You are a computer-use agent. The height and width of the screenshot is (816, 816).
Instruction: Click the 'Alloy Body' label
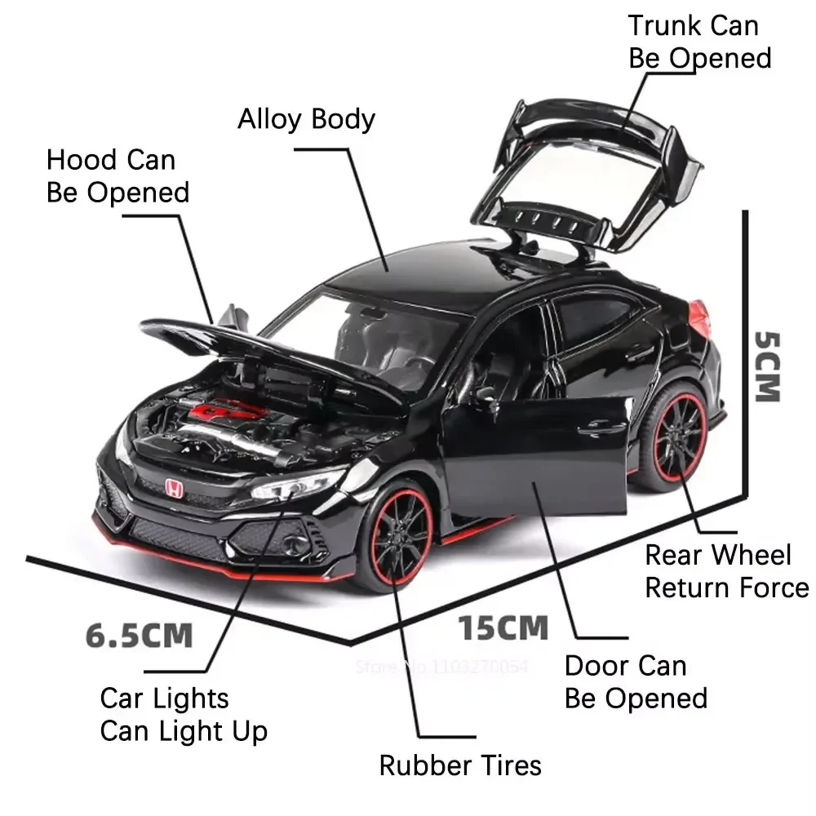tap(306, 119)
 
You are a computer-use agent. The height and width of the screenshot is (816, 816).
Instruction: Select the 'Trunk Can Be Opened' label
tap(698, 42)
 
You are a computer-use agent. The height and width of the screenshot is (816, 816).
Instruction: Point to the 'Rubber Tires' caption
tap(460, 765)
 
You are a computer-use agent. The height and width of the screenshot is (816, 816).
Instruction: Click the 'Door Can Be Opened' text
tap(636, 682)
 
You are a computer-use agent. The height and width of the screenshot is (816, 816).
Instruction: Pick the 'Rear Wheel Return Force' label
tap(726, 571)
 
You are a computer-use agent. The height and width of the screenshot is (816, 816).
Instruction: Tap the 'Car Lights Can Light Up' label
tap(184, 715)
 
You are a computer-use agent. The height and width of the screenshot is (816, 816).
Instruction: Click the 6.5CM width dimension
tap(140, 635)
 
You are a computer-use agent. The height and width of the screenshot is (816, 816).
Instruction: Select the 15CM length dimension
tap(503, 628)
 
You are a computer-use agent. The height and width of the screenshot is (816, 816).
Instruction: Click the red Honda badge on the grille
tap(174, 488)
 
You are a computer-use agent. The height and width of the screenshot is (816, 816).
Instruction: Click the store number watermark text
tap(441, 667)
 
